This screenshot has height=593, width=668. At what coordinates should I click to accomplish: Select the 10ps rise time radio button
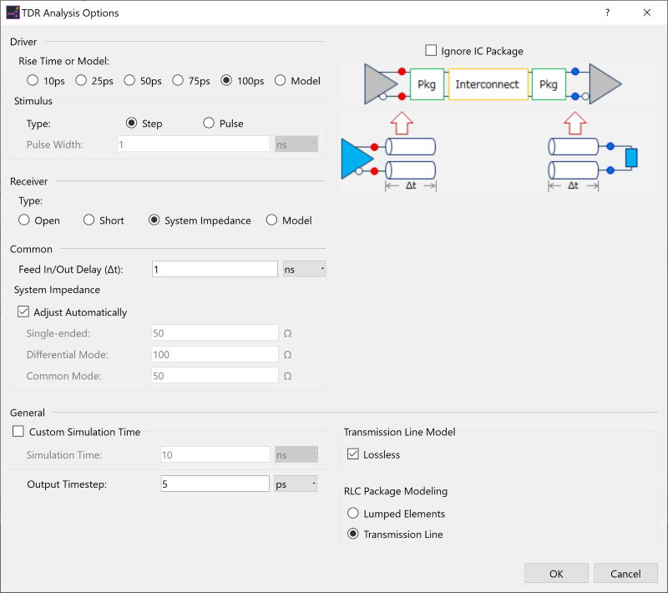tap(33, 80)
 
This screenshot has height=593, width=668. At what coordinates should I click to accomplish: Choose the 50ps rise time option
tap(129, 80)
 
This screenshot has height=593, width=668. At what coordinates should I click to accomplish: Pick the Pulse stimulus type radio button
tap(209, 123)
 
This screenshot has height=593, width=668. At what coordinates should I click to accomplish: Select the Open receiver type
tap(24, 220)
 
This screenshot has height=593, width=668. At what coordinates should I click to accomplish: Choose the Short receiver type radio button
tap(89, 220)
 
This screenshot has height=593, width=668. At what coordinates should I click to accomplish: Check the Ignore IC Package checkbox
tap(431, 50)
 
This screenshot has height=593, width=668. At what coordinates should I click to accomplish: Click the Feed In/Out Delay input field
tap(215, 269)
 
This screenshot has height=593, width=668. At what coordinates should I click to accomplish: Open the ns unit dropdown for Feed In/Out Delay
tap(304, 269)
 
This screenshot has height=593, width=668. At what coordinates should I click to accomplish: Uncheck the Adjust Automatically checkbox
tap(23, 312)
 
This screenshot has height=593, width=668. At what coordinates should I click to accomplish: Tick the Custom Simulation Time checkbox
tap(18, 431)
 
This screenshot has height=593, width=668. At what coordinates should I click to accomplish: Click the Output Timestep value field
tap(215, 484)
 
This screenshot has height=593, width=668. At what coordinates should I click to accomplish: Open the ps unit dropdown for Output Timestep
tap(296, 484)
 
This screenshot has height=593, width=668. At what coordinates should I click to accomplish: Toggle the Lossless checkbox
tap(352, 454)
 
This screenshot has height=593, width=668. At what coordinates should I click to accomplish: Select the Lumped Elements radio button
tap(352, 513)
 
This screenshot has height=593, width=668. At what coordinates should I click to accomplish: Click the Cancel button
tap(625, 574)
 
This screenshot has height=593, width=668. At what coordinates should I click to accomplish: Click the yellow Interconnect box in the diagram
tap(488, 84)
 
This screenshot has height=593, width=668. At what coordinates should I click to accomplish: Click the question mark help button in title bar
tap(608, 13)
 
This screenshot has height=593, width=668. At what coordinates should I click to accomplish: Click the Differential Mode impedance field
tap(215, 354)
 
